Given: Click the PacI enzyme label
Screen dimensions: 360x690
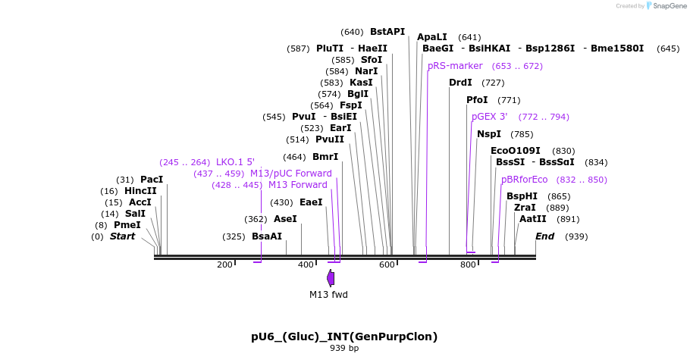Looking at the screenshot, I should pos(152,180).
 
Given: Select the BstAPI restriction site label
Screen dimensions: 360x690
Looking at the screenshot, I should pos(387,32).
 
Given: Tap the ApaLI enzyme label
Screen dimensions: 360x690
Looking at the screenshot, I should pos(432,37).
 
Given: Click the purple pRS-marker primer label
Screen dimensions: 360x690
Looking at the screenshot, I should pos(455,66).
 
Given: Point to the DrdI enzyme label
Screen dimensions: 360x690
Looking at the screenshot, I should pos(460,83).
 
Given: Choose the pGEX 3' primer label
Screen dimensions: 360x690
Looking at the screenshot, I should pos(489,117).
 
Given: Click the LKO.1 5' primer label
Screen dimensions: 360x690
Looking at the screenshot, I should pos(235,162).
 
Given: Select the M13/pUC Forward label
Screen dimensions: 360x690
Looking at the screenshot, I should pos(291,174).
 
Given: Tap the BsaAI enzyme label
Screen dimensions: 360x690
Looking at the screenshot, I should pos(267,236).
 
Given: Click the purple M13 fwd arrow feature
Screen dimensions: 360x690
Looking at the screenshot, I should pos(331,278).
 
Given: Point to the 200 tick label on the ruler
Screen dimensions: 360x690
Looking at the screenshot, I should pos(224,265).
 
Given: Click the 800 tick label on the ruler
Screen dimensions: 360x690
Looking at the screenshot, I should pos(468,265).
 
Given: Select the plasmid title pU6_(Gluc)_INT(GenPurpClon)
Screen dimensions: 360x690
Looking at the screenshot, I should pos(344,337).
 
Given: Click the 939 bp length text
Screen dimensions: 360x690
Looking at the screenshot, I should pos(344,349).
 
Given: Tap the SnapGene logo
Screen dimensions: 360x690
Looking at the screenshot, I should pos(665,5).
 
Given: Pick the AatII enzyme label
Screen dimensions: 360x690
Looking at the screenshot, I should pos(532,219).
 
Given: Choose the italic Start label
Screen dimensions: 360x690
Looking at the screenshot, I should pos(122,236).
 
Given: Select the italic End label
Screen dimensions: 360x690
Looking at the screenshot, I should pos(544,236).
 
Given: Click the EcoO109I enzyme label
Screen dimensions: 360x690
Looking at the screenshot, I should pos(516,151).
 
